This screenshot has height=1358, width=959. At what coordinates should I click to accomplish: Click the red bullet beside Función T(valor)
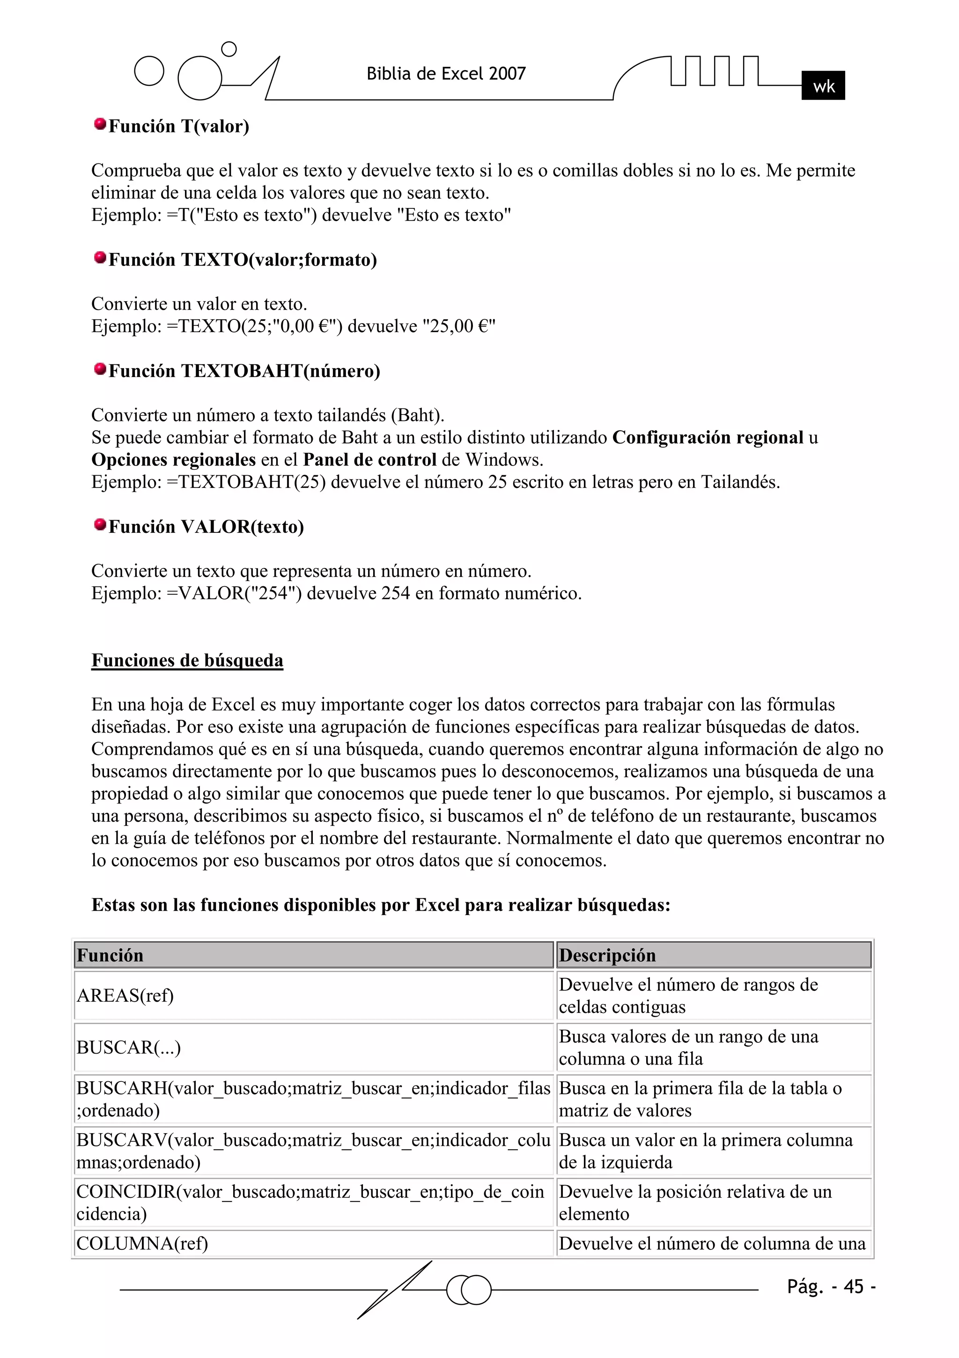coord(100,124)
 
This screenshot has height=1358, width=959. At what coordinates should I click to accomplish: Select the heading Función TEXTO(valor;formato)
coord(243,259)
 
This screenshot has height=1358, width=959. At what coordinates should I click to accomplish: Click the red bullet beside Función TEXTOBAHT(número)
coord(100,369)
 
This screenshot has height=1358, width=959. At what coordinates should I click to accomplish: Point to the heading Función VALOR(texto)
coord(206,526)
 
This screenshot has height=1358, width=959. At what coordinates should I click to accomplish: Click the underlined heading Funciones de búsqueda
coord(187,660)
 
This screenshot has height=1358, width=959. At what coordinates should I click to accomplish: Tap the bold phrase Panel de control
coord(370,459)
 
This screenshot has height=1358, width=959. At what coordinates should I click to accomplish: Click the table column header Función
coord(110,955)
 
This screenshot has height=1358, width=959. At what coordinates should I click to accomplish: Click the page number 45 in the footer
coord(853,1286)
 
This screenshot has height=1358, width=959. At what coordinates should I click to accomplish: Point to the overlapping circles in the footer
coord(469,1290)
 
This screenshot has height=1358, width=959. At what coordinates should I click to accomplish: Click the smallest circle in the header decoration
coord(229,49)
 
